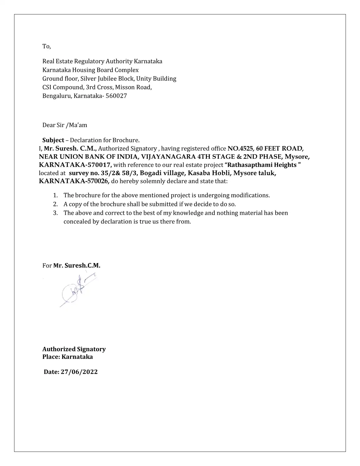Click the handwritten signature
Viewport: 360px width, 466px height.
(x=78, y=290)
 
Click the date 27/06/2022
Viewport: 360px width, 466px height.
(x=79, y=372)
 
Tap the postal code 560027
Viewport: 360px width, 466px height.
(x=116, y=96)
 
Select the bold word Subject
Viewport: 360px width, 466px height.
(x=53, y=140)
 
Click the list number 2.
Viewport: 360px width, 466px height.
(x=55, y=204)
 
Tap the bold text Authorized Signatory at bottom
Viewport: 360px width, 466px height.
(x=74, y=349)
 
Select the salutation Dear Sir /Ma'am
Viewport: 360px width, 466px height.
(x=65, y=125)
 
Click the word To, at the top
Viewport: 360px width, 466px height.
(x=46, y=46)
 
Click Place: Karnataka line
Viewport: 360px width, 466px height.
(x=68, y=357)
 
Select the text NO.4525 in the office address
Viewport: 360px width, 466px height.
(x=240, y=149)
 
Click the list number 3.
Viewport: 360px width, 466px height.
(x=55, y=213)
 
